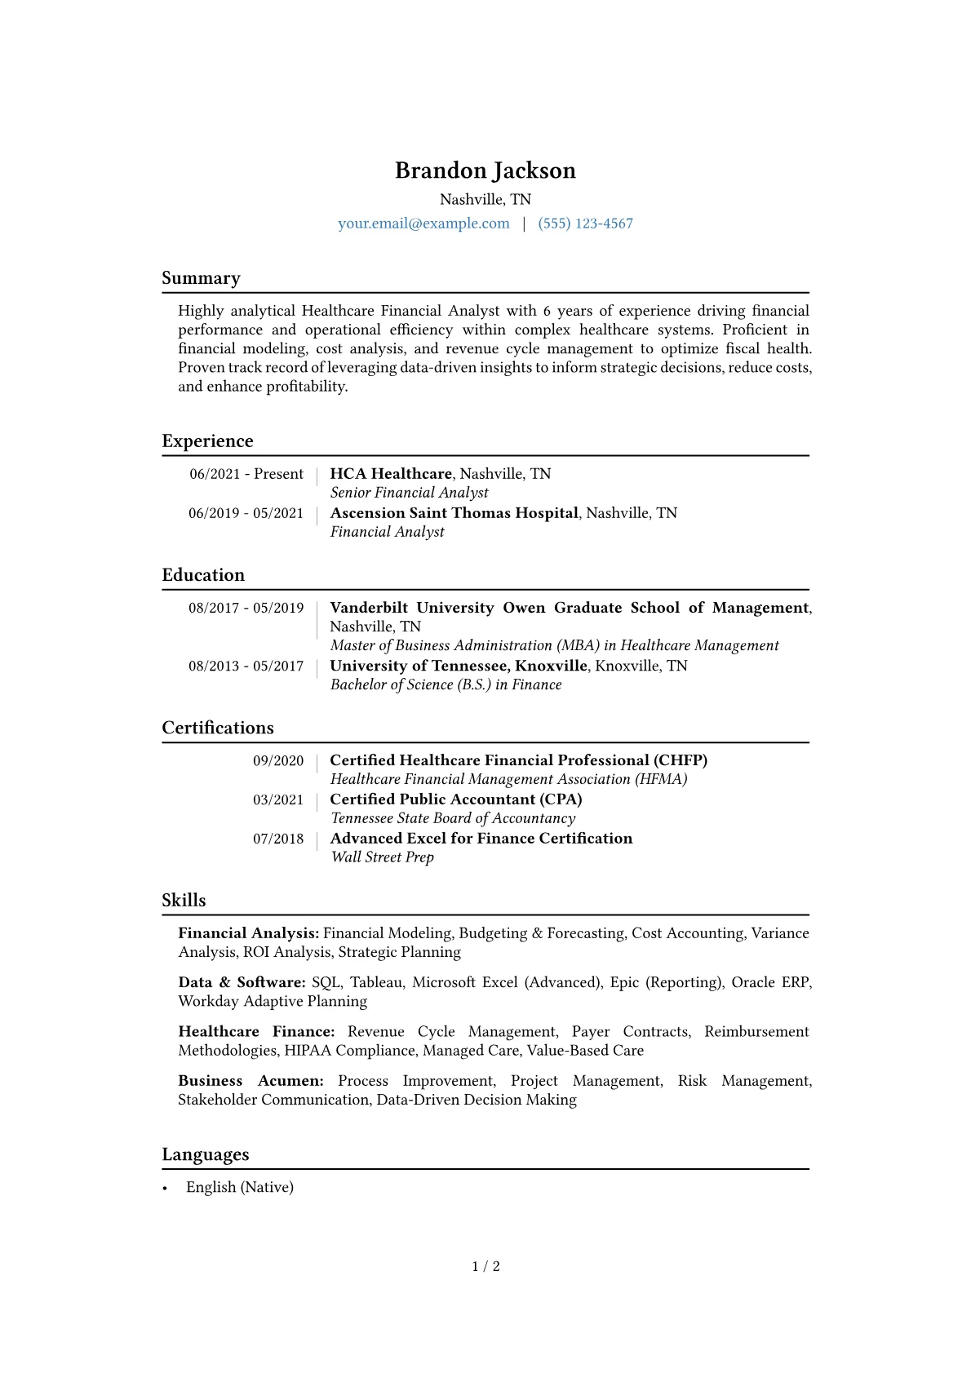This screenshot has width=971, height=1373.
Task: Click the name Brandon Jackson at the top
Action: [x=485, y=171]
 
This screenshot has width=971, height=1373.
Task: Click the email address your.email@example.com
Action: [x=423, y=224]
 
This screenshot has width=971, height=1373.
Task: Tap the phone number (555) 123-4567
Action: [x=585, y=224]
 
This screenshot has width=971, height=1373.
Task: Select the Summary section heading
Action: [x=201, y=278]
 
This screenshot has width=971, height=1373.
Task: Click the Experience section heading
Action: [x=207, y=441]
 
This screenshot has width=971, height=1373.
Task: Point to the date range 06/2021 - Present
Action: [x=246, y=474]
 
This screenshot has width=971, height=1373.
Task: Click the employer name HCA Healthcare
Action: [x=391, y=474]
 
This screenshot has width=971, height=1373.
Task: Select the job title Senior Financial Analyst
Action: [x=409, y=493]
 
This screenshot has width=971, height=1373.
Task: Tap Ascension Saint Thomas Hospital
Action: [x=454, y=513]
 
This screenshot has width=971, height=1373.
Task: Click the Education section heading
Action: [x=203, y=575]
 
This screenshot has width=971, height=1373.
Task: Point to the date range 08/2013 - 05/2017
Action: [x=246, y=667]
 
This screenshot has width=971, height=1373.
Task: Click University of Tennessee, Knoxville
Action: [x=458, y=666]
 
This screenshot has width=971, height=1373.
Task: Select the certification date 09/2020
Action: [x=278, y=761]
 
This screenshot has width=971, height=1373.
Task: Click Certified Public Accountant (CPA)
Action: [x=455, y=799]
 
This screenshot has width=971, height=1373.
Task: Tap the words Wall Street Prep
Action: [x=382, y=857]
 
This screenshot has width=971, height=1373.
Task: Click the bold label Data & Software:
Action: [x=242, y=982]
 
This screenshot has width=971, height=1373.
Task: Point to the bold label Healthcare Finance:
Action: [x=256, y=1032]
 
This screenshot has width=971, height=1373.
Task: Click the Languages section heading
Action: [x=206, y=1154]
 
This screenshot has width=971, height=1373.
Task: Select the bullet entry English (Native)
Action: [x=239, y=1188]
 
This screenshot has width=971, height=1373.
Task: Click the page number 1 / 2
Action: [x=485, y=1266]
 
